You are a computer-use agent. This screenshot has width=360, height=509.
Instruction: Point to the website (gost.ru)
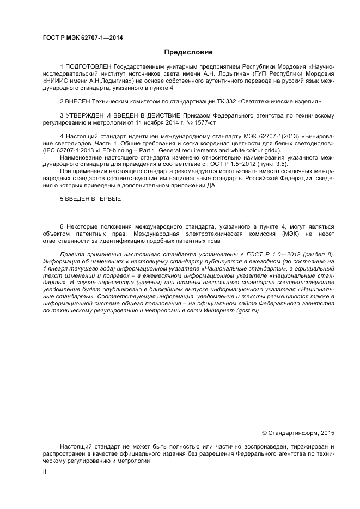pyautogui.click(x=244, y=310)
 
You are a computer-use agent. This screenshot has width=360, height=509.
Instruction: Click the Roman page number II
pyautogui.click(x=45, y=473)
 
